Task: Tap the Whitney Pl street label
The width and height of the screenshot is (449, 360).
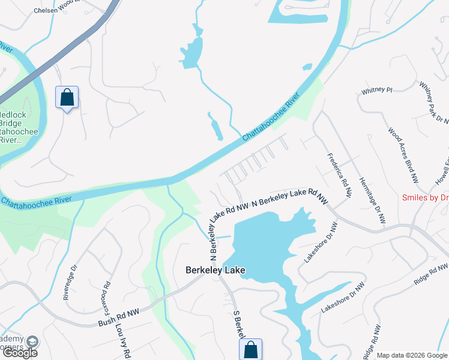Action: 376,91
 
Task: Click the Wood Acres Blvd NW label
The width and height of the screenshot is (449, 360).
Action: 402,155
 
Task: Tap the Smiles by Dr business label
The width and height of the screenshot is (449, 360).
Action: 426,197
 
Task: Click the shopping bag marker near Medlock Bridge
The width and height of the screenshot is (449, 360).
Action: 67,97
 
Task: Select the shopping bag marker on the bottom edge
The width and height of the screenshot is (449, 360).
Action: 252,349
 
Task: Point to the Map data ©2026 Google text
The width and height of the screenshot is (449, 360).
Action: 412,355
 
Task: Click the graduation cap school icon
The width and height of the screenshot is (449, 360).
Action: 32,341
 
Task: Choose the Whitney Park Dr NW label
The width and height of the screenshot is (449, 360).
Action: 435,103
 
